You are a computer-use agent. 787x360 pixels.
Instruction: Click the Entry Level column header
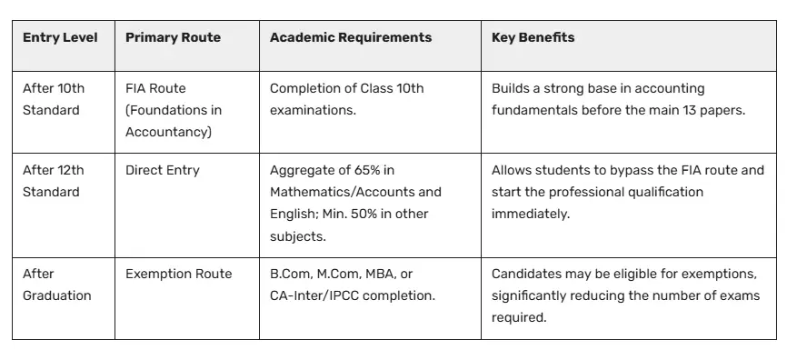[60, 38]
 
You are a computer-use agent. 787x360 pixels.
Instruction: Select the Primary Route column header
[173, 38]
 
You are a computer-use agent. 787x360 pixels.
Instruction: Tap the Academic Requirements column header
[351, 38]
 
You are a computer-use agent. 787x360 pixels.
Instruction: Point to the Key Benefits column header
[533, 38]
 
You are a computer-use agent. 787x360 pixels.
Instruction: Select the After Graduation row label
[56, 285]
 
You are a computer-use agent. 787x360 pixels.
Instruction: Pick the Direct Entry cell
[163, 170]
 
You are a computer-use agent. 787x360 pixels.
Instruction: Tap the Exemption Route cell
[179, 274]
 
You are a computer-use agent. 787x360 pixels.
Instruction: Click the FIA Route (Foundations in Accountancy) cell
[174, 110]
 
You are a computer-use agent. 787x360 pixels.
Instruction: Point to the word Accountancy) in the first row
[168, 132]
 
